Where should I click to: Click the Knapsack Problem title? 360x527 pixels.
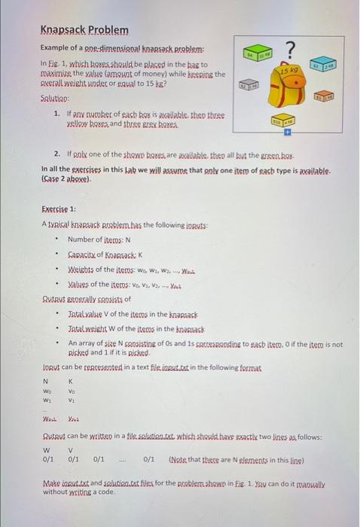coord(84,30)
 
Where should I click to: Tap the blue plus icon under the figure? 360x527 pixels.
coord(285,131)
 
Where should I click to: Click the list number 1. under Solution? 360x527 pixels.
coord(58,113)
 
